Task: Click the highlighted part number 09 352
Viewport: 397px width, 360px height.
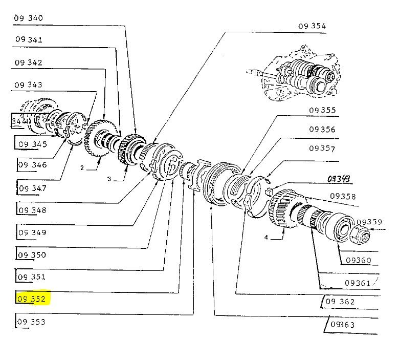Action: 31,299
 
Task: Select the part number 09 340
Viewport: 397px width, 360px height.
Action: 29,18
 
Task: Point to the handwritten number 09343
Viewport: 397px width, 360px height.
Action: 339,179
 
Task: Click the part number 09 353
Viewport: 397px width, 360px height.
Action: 31,322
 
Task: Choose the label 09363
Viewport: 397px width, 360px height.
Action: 343,325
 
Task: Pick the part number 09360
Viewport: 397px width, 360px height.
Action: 358,260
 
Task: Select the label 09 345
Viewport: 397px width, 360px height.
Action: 33,144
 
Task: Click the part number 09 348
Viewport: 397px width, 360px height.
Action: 32,210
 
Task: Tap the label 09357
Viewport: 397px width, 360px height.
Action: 322,149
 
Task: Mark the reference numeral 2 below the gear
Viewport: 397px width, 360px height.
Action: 81,167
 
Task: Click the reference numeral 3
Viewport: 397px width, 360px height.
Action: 109,179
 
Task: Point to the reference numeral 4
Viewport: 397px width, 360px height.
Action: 267,237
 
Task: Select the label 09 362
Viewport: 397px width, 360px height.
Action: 339,302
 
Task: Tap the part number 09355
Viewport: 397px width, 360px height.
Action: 322,110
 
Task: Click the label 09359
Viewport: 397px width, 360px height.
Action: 369,222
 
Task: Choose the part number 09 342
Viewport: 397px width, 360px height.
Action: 28,62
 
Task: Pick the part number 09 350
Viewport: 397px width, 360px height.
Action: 32,255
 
